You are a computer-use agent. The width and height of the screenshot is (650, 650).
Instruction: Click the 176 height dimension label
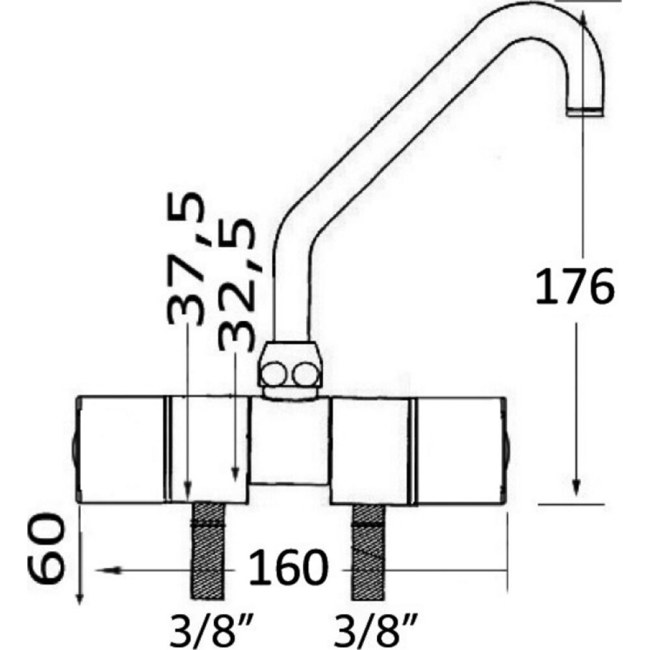(x=575, y=287)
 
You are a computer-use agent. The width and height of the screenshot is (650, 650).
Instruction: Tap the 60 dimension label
(x=45, y=549)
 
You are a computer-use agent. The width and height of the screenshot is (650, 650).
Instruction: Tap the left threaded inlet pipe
(x=207, y=551)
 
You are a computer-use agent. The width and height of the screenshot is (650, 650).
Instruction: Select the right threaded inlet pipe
(x=368, y=552)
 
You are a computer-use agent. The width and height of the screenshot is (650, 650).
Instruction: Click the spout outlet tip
(x=585, y=112)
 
